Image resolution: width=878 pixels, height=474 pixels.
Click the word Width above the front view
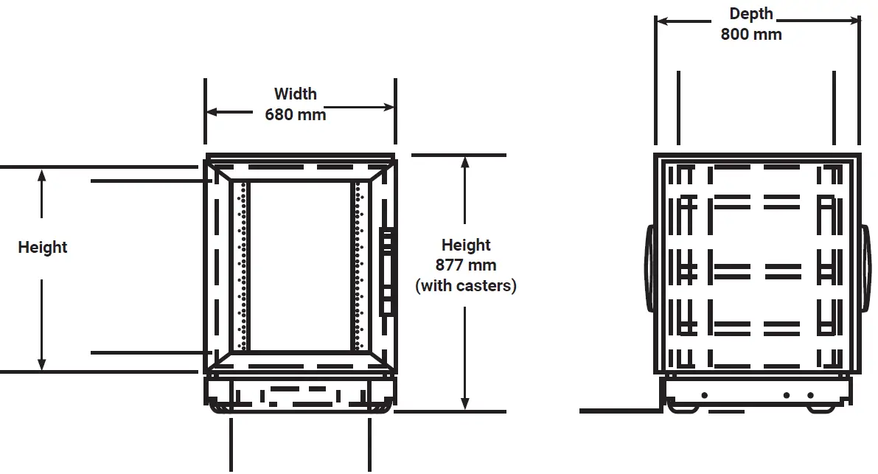click(x=295, y=94)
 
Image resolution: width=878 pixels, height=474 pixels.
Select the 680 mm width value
click(x=295, y=114)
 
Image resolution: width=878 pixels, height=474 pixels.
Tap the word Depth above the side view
click(x=750, y=14)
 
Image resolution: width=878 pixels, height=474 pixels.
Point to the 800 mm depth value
click(x=750, y=34)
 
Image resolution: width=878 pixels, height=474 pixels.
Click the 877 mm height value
click(x=465, y=265)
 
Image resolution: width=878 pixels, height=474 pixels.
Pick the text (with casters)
click(x=465, y=286)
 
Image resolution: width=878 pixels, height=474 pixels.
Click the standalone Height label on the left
click(x=43, y=248)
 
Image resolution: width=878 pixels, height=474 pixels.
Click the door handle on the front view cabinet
click(x=386, y=271)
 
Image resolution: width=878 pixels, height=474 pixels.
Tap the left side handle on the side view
click(x=649, y=268)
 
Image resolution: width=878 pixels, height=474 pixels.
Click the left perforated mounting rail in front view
click(x=241, y=265)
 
